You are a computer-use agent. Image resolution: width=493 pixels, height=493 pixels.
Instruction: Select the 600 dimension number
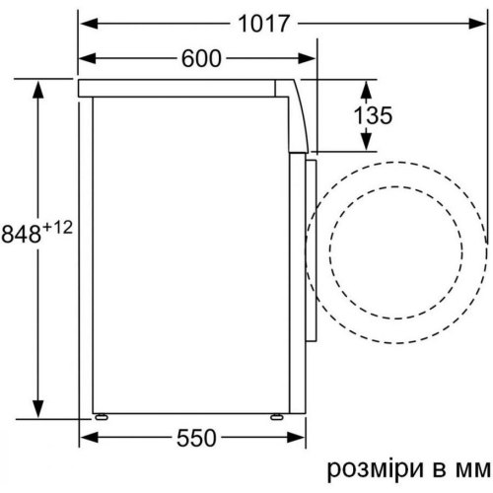(201, 58)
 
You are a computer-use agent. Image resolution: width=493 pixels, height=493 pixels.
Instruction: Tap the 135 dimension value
(373, 114)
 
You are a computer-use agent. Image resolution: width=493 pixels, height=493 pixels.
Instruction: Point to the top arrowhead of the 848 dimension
(38, 88)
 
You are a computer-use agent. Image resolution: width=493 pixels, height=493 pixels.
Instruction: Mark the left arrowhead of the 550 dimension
(86, 436)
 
